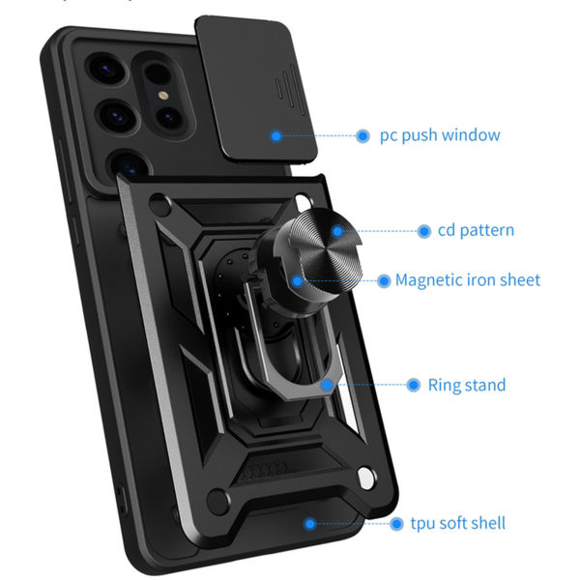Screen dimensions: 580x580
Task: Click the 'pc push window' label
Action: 441,135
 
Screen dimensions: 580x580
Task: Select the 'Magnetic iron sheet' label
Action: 468,280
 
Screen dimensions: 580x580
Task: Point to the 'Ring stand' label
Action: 467,385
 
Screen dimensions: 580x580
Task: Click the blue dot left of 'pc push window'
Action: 363,136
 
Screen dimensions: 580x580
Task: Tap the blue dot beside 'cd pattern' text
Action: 423,231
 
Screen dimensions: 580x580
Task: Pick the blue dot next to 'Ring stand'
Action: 413,385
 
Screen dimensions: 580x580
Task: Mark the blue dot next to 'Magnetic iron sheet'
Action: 382,280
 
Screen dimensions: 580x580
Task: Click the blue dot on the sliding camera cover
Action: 276,136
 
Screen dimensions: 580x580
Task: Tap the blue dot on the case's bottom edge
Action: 310,524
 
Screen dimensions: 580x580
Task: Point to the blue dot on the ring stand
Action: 328,385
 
